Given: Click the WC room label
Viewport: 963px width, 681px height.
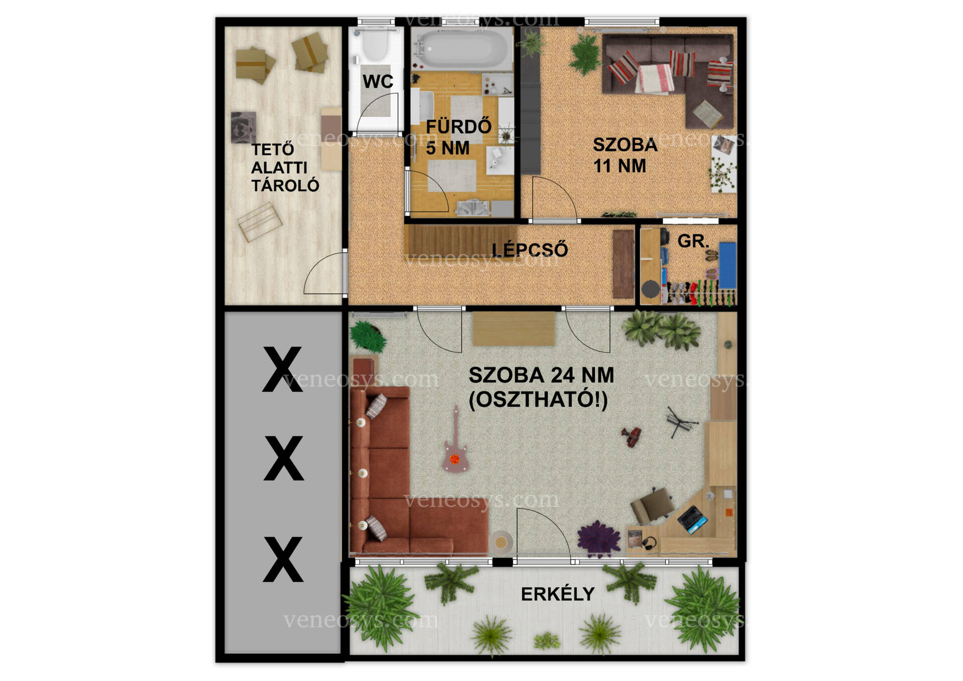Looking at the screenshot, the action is (x=378, y=81).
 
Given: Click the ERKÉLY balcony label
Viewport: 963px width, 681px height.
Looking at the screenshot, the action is (x=557, y=594).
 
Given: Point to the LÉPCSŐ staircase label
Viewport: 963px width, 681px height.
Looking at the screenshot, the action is (x=530, y=249).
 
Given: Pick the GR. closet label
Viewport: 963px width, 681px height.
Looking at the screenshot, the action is (x=693, y=241).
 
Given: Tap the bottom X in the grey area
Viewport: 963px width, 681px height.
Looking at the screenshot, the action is (x=283, y=559).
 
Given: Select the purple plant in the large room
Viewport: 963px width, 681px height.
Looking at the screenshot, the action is (x=599, y=539).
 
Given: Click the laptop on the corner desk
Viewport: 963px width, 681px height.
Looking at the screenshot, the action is (x=693, y=519).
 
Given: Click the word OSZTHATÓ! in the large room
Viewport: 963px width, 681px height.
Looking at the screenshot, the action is (x=538, y=400).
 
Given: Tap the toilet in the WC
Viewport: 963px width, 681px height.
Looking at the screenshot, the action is (x=375, y=46).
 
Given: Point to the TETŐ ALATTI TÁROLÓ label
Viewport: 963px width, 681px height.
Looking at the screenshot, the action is (x=285, y=167).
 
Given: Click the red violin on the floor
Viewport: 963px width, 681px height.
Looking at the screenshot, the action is (x=631, y=437).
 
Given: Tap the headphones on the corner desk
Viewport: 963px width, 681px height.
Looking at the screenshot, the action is (x=650, y=543).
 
